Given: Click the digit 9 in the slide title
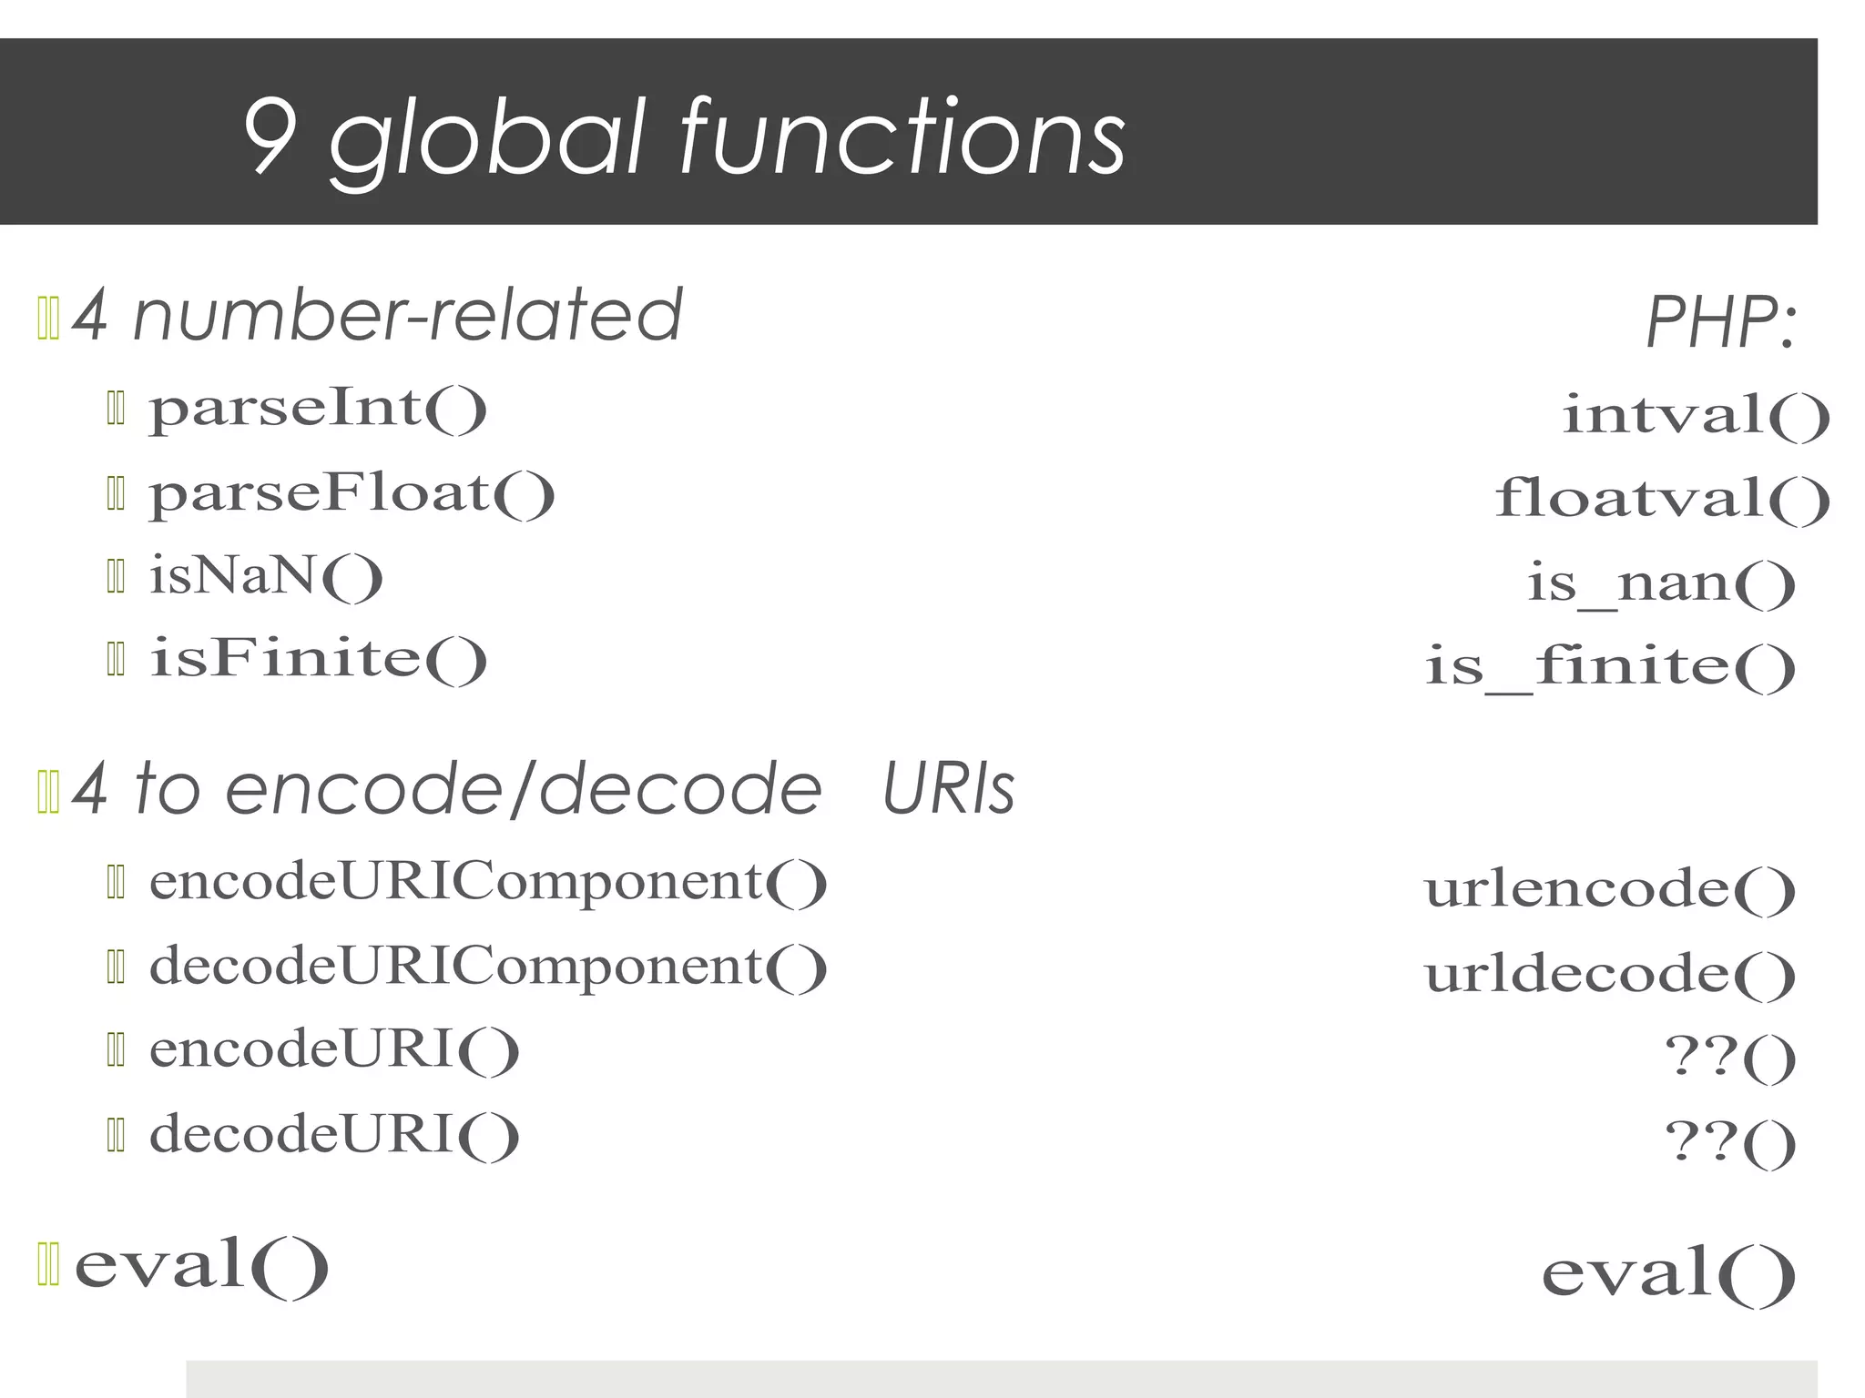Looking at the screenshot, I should tap(270, 137).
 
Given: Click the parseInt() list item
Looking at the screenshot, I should tap(318, 409).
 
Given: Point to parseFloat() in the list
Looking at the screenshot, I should tap(352, 494).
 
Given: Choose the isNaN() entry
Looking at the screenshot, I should tap(266, 577).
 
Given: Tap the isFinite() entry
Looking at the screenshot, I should tap(318, 660).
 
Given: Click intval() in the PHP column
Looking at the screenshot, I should tap(1696, 415).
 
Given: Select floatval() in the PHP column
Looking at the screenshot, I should tap(1662, 500).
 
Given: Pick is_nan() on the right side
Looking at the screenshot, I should tap(1661, 583).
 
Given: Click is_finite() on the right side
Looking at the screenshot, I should tap(1610, 666).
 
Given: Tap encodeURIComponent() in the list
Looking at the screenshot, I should tap(488, 883).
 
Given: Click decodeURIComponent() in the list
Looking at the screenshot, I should tap(488, 967).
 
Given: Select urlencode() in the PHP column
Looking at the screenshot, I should tap(1610, 889).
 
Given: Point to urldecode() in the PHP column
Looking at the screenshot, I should tap(1610, 974).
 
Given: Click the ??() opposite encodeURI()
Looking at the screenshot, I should tap(1730, 1058).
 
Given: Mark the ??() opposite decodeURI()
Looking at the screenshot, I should tap(1730, 1142).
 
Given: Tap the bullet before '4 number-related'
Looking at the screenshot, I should tap(48, 319).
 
